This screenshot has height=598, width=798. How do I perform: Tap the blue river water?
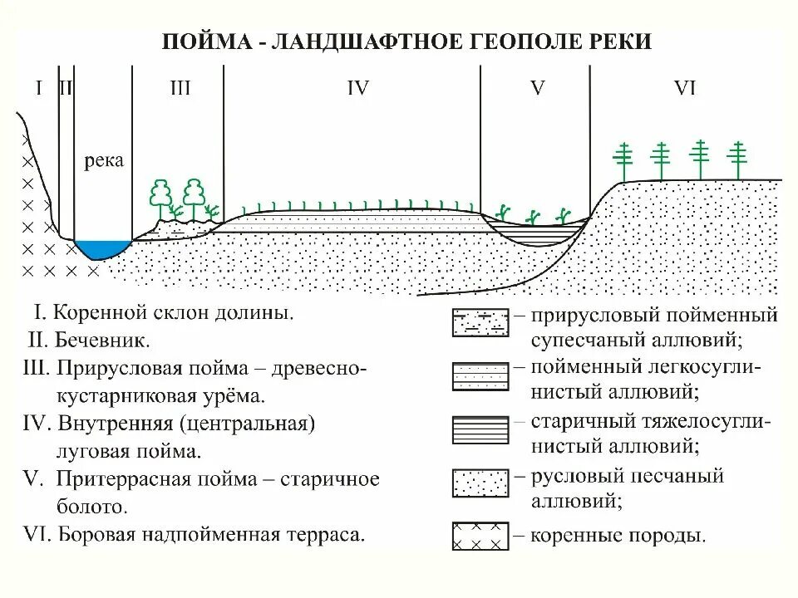click(103, 248)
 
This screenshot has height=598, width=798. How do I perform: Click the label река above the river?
click(104, 161)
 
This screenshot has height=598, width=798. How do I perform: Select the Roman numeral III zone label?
click(180, 88)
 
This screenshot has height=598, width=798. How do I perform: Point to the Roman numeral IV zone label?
click(357, 88)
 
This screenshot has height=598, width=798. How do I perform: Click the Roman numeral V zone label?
click(537, 88)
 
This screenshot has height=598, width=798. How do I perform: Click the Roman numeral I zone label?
click(38, 88)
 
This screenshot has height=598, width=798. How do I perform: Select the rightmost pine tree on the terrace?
click(736, 159)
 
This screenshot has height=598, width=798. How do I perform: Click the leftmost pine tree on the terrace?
click(623, 159)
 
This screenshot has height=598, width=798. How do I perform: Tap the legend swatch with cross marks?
click(479, 536)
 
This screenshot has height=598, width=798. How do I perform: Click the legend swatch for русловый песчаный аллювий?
click(479, 483)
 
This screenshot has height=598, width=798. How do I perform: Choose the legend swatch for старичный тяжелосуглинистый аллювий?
click(479, 429)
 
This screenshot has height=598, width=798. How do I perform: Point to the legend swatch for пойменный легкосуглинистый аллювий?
click(479, 376)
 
